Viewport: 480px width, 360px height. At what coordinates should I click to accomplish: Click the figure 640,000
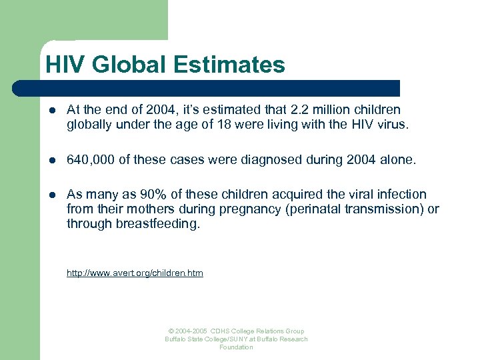[90, 159]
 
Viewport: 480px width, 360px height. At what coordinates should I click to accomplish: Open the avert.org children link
[135, 273]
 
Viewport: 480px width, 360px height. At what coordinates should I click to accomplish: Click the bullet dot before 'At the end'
[52, 110]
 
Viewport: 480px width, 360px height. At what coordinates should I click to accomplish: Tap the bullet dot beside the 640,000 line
[52, 159]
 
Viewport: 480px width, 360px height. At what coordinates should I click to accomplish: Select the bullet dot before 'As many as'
[52, 195]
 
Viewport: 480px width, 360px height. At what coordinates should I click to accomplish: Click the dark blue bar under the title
[207, 89]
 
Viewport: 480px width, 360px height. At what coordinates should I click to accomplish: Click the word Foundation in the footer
[236, 347]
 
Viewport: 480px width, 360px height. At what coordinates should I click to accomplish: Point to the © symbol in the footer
[171, 331]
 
